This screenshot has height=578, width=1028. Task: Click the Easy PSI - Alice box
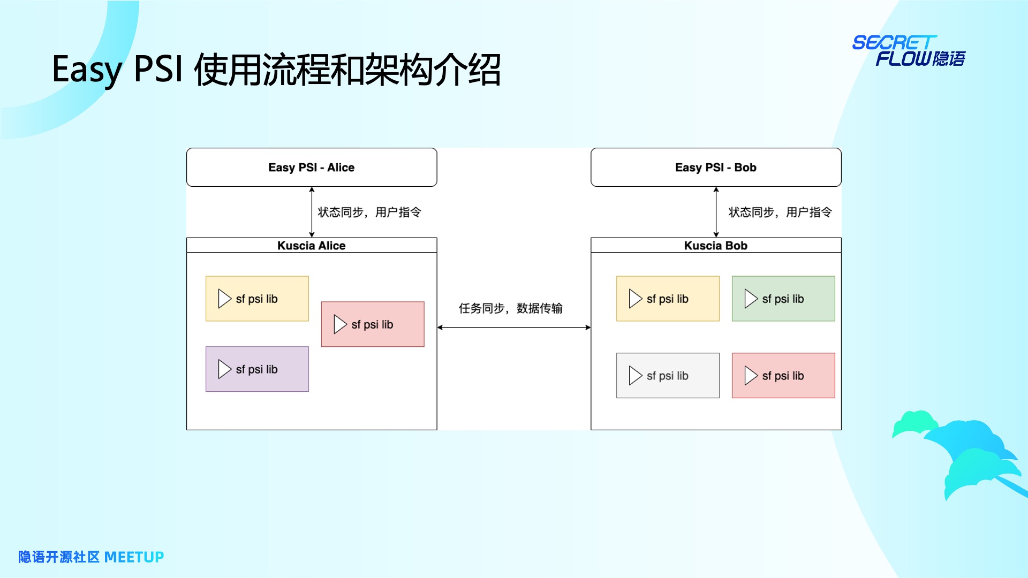point(312,168)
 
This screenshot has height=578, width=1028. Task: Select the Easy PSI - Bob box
point(716,168)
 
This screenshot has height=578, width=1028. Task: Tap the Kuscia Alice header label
point(312,246)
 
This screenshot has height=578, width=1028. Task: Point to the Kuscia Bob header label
point(716,246)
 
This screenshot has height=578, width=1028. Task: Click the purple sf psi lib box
point(257,369)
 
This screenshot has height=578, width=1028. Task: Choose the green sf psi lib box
point(783,299)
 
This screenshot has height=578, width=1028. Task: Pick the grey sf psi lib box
point(668,376)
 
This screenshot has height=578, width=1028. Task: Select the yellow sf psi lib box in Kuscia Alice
point(257,299)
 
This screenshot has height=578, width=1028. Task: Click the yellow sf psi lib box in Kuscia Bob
point(668,299)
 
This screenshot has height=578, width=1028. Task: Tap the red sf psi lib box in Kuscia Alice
point(373,324)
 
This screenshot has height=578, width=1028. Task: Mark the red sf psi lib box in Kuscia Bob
point(783,376)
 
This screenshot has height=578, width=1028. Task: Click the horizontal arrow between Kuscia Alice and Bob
point(514,328)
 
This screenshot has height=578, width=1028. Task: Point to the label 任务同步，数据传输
point(511,308)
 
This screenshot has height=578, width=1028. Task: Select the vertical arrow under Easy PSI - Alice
point(312,212)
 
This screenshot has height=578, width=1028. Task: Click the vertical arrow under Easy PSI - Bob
point(716,212)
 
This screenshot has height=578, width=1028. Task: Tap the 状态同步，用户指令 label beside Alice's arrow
point(369,212)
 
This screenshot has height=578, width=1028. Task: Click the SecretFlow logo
point(909,51)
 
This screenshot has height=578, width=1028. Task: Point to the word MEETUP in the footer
point(134,557)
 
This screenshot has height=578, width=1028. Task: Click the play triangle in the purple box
point(224,369)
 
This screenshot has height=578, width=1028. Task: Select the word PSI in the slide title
point(158,70)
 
